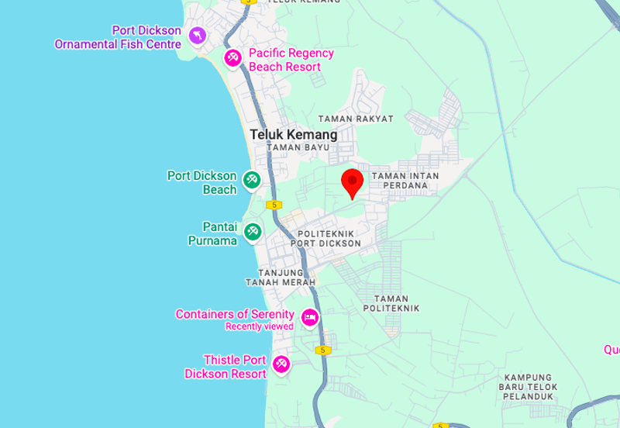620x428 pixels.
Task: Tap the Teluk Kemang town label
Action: [x=294, y=134]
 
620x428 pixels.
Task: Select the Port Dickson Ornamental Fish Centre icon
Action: [x=199, y=36]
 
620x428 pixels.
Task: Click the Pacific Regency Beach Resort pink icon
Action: [x=232, y=57]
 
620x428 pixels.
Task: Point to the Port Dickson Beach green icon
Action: [x=252, y=180]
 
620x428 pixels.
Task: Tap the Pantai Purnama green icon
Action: [x=252, y=231]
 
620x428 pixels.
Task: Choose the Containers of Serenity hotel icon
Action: [x=309, y=317]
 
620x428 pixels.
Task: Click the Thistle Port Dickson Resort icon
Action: [x=281, y=364]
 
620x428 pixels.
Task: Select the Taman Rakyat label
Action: [x=356, y=119]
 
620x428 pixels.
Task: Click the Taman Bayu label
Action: [x=292, y=147]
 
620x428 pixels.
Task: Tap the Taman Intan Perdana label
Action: [x=400, y=181]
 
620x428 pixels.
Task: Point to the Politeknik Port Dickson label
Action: [x=326, y=238]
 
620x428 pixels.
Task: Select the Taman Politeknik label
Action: [x=396, y=303]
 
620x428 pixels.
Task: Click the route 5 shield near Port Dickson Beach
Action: [x=273, y=205]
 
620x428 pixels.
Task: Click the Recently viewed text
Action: [x=260, y=326]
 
